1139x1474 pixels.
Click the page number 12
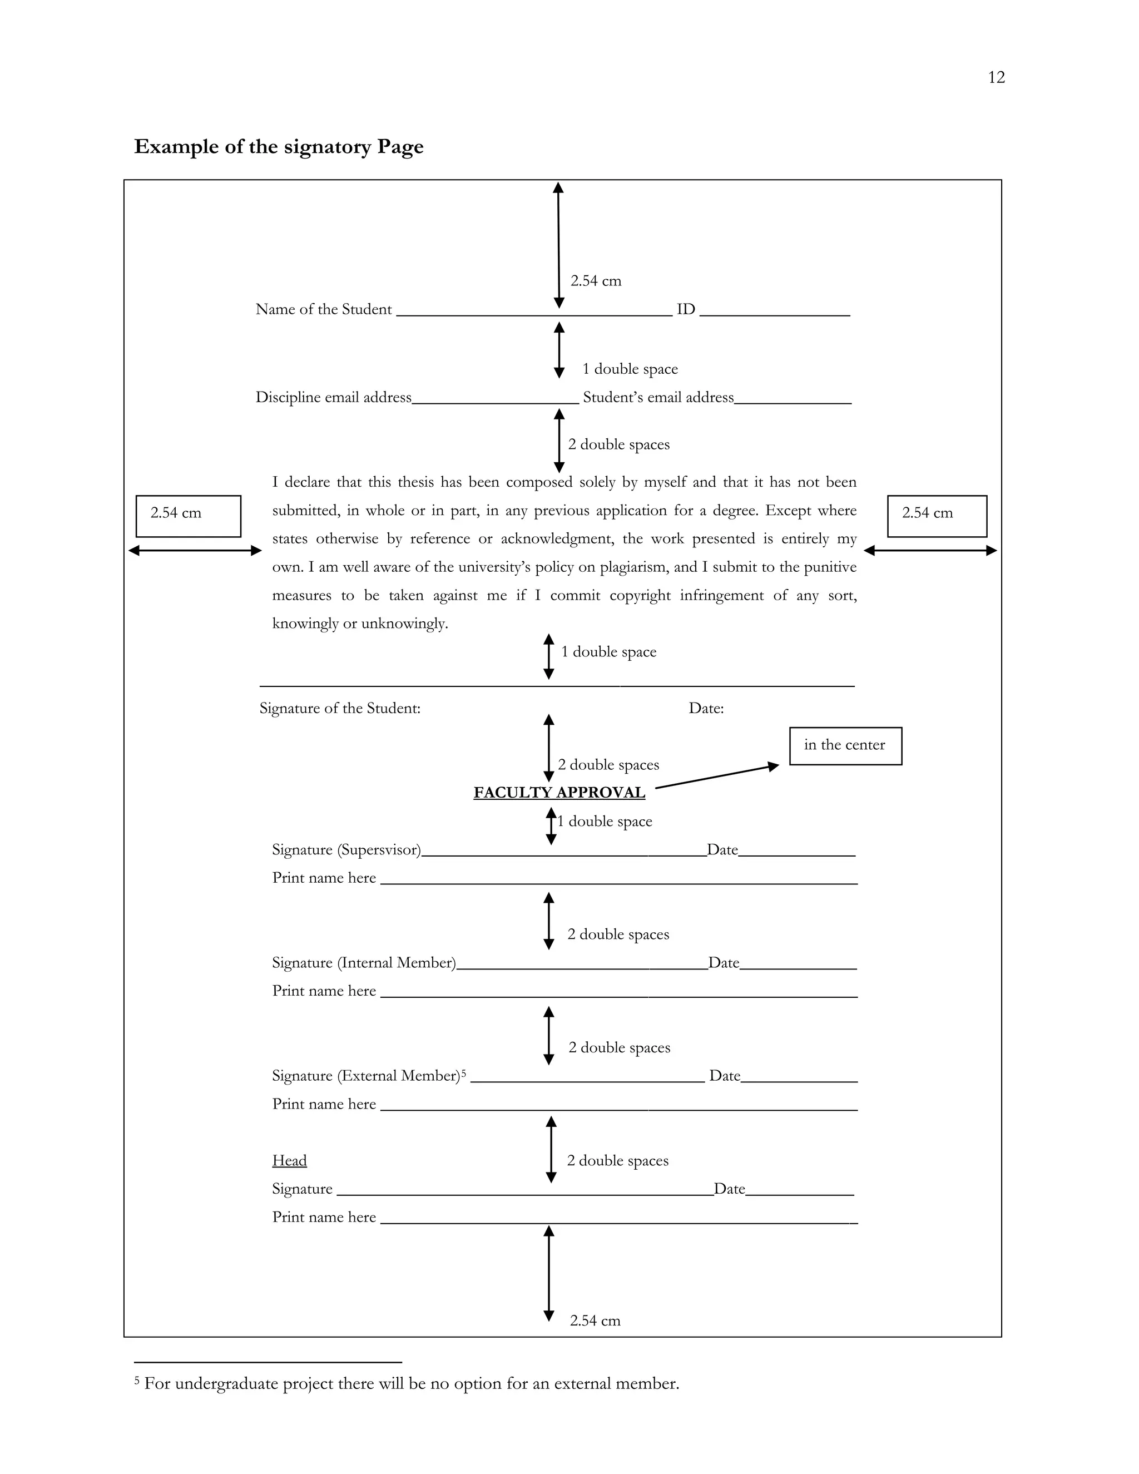[996, 78]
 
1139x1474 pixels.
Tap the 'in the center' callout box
[845, 745]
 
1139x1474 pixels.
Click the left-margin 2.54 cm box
[189, 516]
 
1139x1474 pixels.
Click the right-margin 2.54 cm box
[937, 516]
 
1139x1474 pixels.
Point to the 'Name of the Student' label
[323, 309]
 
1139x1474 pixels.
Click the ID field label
[686, 309]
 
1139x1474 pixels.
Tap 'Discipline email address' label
[333, 398]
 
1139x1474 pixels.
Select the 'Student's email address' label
[658, 398]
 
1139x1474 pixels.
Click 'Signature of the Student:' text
[339, 708]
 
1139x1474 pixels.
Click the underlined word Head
[289, 1160]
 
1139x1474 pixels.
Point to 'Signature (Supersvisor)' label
[346, 850]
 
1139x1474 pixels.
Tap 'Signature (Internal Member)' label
[364, 962]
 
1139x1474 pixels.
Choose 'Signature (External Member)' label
[366, 1076]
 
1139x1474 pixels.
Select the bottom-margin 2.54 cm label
[595, 1321]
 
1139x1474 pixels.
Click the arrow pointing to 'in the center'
[716, 776]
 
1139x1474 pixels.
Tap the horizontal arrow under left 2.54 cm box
[195, 551]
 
